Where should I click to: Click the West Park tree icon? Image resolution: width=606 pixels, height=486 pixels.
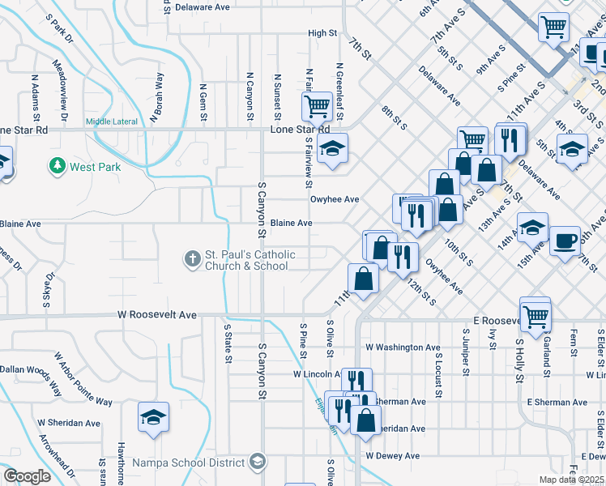(57, 166)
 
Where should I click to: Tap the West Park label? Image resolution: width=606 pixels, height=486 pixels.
(95, 168)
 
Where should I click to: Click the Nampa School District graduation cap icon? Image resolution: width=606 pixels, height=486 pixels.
(257, 462)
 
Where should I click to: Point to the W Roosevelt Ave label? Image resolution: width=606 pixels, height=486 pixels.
(157, 314)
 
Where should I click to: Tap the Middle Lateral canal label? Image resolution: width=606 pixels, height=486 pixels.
(111, 122)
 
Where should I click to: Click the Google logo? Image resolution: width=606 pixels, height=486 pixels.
(26, 476)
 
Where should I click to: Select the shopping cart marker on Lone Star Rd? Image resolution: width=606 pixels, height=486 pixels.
(316, 105)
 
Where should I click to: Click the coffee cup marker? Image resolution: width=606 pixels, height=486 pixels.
(565, 240)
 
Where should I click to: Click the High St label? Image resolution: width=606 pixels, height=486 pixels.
(322, 33)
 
